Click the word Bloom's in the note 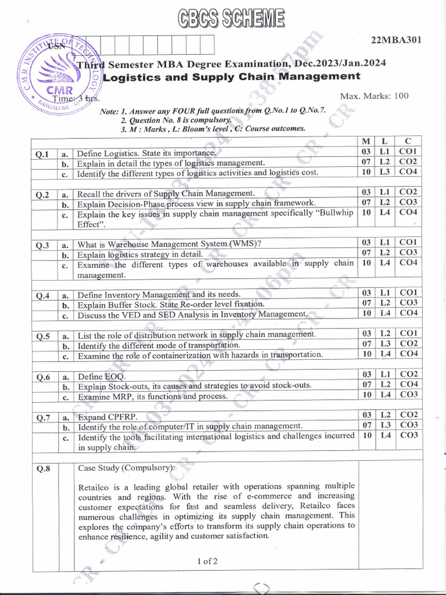pos(196,128)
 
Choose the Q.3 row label pos(42,245)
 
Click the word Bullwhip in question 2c pos(334,213)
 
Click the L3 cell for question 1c pos(384,171)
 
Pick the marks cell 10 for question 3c pos(366,263)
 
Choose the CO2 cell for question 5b pos(408,343)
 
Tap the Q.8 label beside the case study pos(42,469)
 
